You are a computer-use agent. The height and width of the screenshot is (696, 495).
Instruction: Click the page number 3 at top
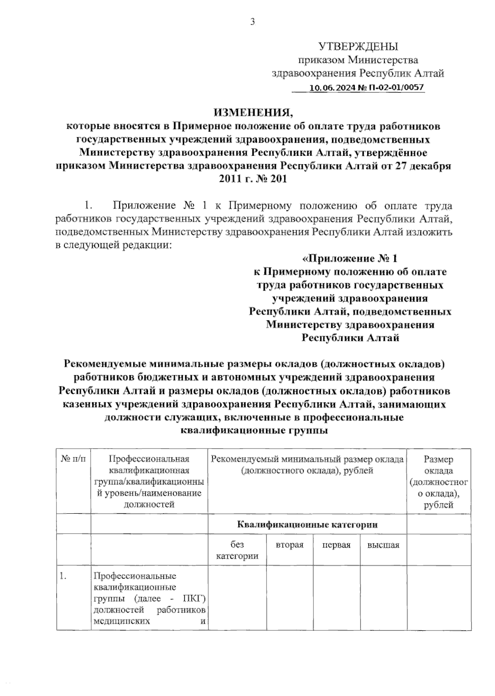pos(252,22)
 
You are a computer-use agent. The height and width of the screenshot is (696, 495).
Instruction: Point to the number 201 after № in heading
pos(278,179)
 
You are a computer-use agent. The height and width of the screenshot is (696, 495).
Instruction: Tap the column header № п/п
pos(73,459)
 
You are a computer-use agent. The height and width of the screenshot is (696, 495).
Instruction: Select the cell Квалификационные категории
pos(307,524)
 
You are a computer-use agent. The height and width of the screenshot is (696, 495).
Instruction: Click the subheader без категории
pos(237,550)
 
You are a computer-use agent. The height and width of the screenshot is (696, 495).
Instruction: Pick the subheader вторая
pos(290,545)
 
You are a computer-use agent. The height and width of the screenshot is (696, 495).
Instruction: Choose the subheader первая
pos(337,545)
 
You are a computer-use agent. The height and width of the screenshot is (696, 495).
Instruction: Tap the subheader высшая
pos(383,545)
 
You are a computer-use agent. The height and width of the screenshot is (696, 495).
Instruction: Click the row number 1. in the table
pos(63,576)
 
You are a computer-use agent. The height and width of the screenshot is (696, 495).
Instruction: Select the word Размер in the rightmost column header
pos(438,459)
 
